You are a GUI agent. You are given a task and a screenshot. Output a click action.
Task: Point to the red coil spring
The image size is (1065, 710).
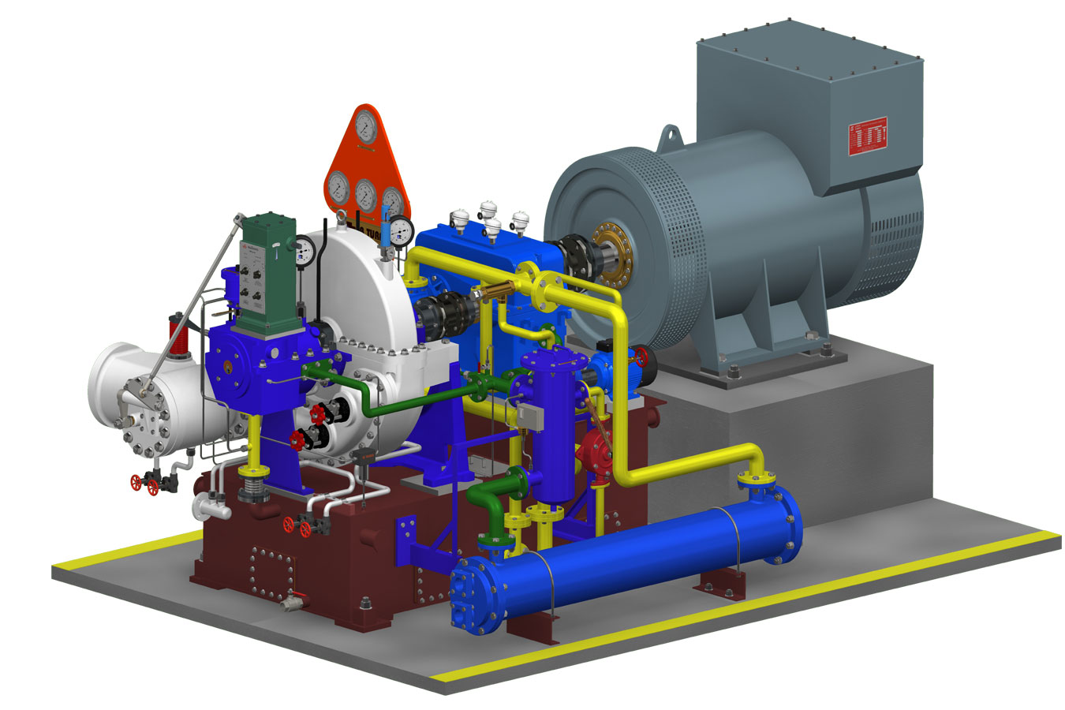point(181,337)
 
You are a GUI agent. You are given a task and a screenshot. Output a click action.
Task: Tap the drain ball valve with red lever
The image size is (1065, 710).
point(292,601)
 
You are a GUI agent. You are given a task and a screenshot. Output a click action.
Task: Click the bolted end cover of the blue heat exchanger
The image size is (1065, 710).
point(475,596)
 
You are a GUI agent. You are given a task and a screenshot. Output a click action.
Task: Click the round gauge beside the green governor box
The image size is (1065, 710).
point(304,250)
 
